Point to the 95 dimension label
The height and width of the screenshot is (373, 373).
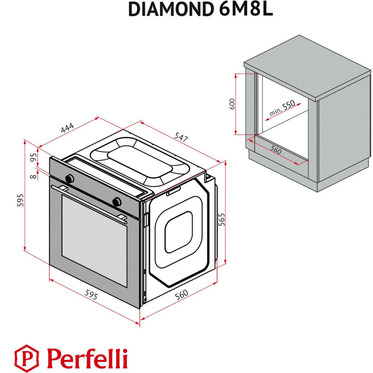click(33, 158)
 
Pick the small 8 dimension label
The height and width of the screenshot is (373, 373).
click(33, 175)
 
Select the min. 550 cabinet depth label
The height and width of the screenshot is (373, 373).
click(283, 109)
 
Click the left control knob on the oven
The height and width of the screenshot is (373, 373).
click(70, 178)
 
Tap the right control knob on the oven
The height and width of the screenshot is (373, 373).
click(117, 201)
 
